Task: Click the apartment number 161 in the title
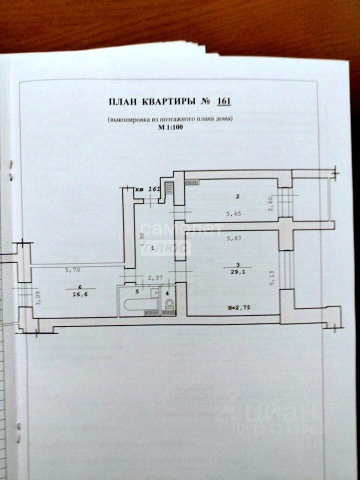(223, 101)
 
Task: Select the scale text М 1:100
(169, 128)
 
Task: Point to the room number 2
(238, 196)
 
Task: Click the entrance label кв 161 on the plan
(148, 189)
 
